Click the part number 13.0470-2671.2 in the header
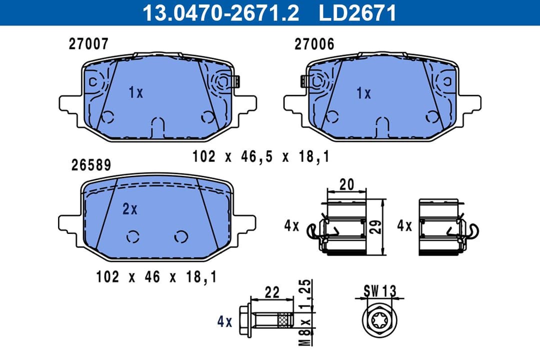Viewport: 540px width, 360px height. click(220, 12)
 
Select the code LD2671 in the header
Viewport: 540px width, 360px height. click(357, 12)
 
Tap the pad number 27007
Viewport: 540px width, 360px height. click(88, 44)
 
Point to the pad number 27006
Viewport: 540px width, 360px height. click(314, 44)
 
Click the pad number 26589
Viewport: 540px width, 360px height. click(91, 165)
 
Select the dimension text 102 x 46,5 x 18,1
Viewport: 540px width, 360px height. click(260, 156)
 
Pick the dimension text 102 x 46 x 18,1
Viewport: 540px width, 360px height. click(156, 276)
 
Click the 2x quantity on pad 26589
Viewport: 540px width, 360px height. click(129, 209)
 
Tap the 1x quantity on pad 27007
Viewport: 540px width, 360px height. click(135, 92)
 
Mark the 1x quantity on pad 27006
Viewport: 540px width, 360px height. click(363, 93)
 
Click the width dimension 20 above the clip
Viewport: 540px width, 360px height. click(345, 184)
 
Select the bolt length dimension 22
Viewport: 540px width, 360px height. click(272, 292)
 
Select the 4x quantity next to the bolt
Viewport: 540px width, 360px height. click(224, 321)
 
